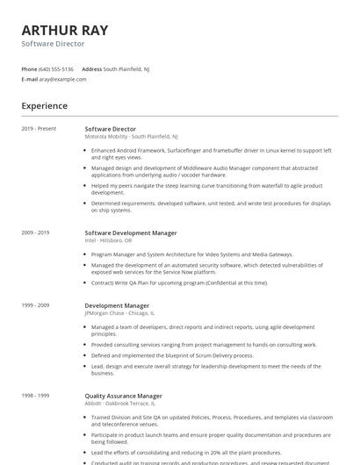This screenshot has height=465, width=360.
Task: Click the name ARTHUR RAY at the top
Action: (x=65, y=30)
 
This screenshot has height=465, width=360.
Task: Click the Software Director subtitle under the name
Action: (x=54, y=44)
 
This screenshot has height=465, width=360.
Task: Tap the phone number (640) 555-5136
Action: (x=56, y=68)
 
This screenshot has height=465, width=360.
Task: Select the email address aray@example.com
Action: (x=62, y=79)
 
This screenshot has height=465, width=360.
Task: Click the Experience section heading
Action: (x=45, y=106)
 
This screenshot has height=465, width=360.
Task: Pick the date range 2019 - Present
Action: (x=39, y=129)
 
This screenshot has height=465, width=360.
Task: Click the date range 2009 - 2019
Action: (x=36, y=232)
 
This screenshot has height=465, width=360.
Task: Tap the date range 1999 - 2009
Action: (x=36, y=305)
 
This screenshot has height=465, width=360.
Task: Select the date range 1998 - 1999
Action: (x=36, y=396)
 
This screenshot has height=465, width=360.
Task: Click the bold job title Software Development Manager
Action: (x=131, y=232)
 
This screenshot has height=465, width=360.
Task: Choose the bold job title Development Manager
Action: (x=117, y=305)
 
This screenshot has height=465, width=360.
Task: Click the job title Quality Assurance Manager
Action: (x=123, y=396)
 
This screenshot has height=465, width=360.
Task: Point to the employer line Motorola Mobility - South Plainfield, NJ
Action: (x=131, y=137)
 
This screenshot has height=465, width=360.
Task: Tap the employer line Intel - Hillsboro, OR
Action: (x=108, y=240)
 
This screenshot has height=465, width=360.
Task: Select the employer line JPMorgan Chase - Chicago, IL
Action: (x=119, y=312)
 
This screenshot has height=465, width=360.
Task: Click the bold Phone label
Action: (x=30, y=68)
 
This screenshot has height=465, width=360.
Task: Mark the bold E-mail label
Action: (x=30, y=79)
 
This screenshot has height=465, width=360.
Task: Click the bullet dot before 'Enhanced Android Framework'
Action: (x=86, y=150)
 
